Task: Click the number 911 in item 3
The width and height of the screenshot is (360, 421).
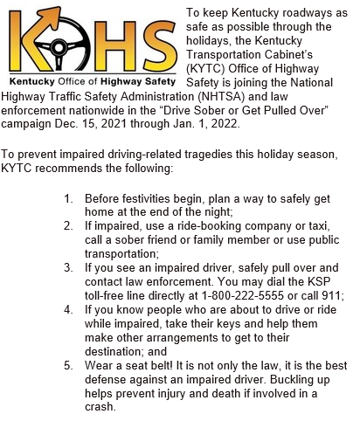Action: point(333,295)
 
